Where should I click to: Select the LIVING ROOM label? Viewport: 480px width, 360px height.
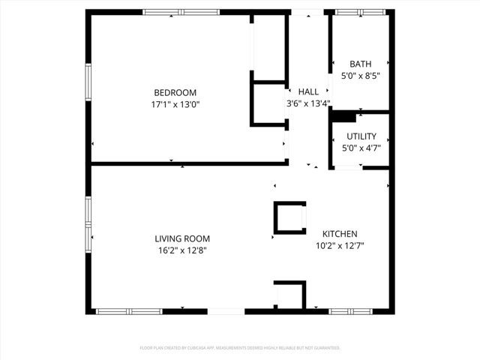click(x=177, y=238)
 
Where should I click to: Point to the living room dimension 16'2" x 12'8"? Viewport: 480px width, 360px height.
click(x=177, y=250)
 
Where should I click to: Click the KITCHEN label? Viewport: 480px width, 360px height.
click(x=340, y=233)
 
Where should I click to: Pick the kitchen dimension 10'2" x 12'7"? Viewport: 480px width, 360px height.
click(x=340, y=245)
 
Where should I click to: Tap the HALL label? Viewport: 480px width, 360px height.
click(x=308, y=91)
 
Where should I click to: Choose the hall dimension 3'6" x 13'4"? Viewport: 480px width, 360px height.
click(x=308, y=103)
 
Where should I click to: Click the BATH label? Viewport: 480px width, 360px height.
click(x=360, y=64)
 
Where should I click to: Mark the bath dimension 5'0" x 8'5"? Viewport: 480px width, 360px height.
click(x=360, y=76)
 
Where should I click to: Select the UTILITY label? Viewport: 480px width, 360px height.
click(x=361, y=136)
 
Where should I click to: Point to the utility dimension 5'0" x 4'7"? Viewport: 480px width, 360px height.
click(x=361, y=148)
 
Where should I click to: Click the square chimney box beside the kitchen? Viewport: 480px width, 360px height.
click(x=289, y=217)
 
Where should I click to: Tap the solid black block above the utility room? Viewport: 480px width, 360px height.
click(x=343, y=116)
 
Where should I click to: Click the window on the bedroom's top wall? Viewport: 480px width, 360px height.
click(x=181, y=12)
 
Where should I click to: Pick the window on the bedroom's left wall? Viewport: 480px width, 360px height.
click(x=88, y=85)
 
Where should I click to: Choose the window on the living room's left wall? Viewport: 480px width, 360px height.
click(x=88, y=223)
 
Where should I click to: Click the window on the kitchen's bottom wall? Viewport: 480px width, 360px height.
click(x=349, y=310)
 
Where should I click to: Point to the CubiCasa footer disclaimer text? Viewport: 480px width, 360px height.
click(x=240, y=348)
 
